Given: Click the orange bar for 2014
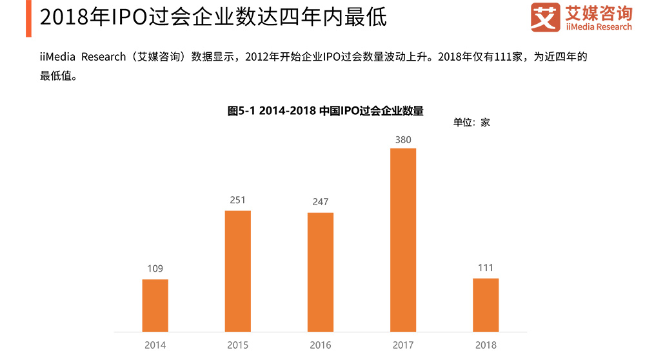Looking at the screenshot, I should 155,305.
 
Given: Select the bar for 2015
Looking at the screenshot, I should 237,271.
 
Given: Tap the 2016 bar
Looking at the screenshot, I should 321,272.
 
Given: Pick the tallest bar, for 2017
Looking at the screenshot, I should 403,239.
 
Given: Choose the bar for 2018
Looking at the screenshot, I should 486,305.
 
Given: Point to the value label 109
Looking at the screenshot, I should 155,268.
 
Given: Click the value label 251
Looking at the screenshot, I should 237,200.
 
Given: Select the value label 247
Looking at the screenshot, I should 321,202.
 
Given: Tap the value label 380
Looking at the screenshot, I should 403,139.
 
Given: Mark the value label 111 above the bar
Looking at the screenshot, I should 486,268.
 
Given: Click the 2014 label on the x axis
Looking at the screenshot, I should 155,345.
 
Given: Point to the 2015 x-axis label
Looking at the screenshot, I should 237,345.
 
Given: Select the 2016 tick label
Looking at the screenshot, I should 321,345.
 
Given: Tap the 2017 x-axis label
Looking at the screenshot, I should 403,345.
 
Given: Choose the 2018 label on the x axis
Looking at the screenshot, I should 486,345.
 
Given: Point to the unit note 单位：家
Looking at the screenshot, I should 471,122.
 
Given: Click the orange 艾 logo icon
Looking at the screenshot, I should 545,17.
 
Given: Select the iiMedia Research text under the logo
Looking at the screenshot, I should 598,27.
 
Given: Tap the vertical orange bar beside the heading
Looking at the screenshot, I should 28,19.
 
